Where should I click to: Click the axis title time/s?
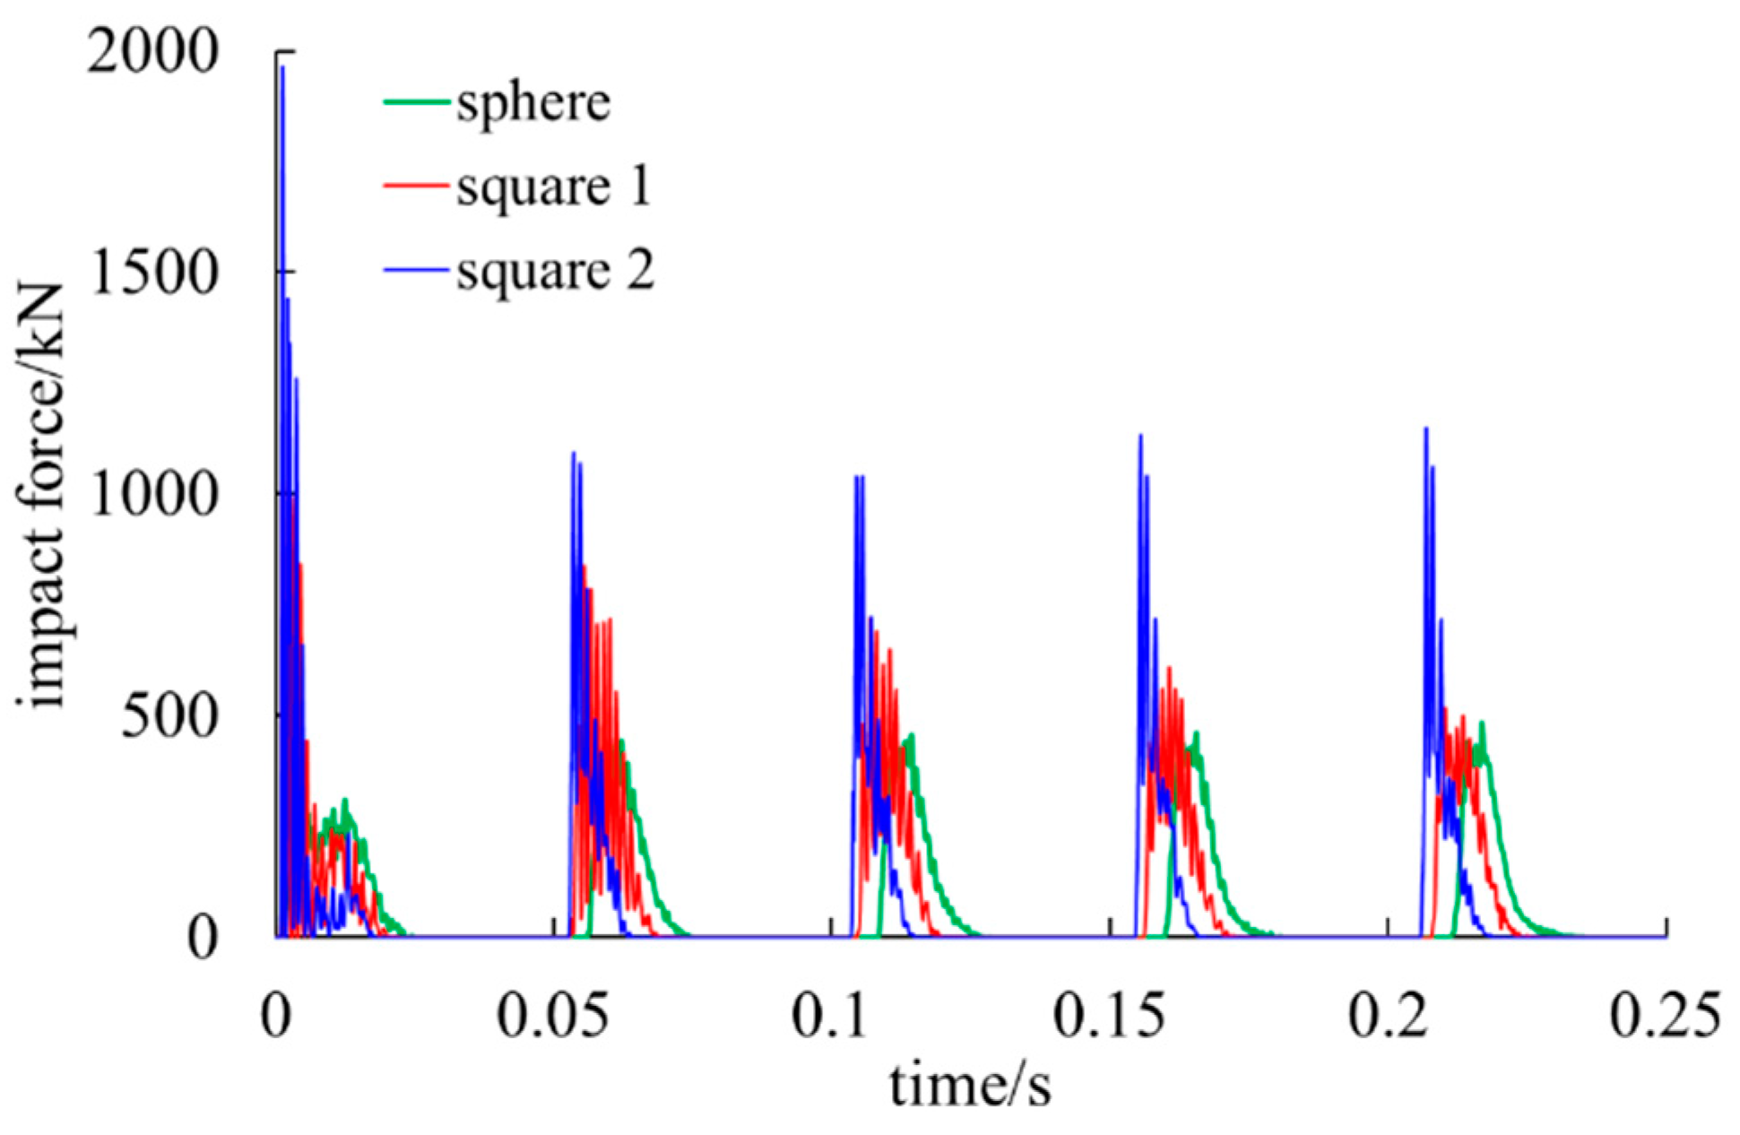coord(970,1084)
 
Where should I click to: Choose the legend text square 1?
coord(553,186)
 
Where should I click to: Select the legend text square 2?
coord(555,270)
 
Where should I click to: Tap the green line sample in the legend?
coord(416,101)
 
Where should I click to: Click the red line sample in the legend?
coord(416,186)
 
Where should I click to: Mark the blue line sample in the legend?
coord(416,270)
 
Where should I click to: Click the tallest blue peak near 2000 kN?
coord(282,68)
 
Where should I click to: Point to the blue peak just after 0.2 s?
coord(1425,429)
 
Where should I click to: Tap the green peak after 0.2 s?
coord(1481,723)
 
